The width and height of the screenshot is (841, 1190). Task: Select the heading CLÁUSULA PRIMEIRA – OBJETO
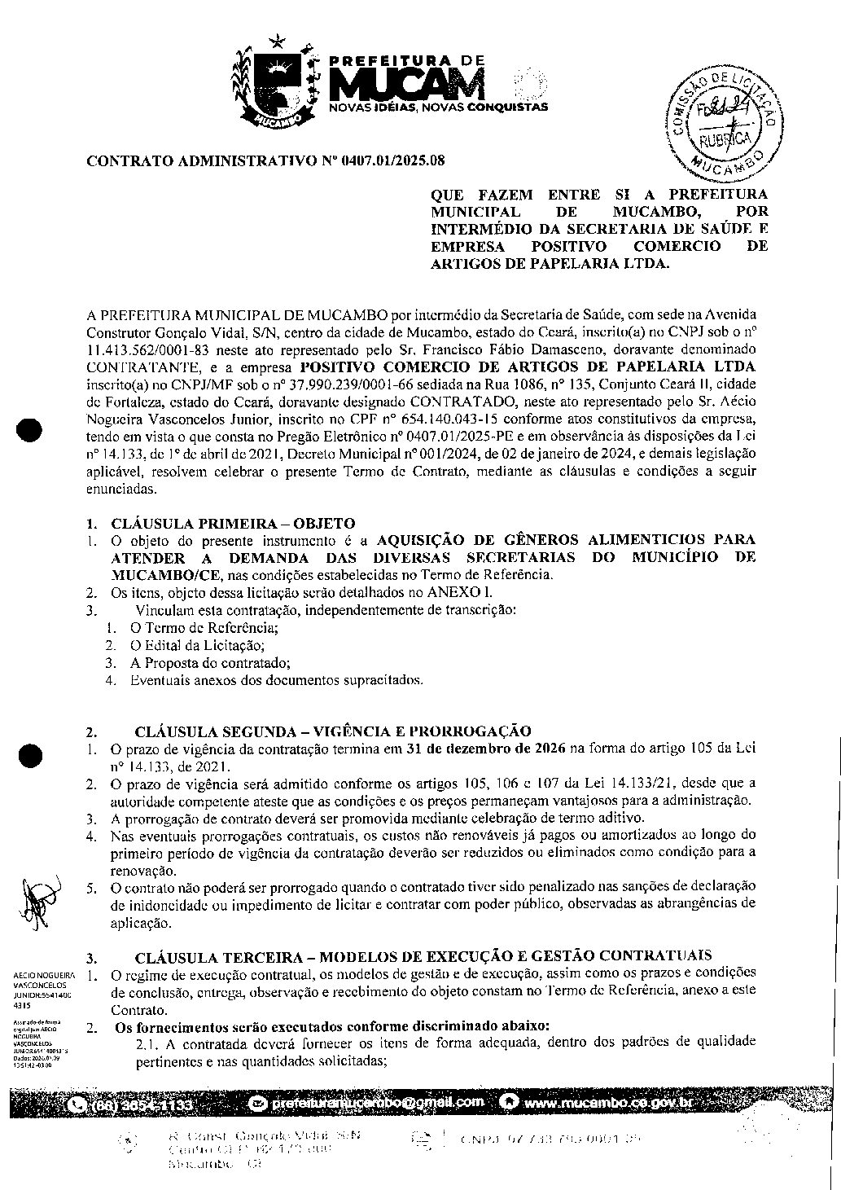(x=233, y=523)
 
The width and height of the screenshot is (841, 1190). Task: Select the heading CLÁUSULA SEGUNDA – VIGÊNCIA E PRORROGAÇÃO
(x=333, y=731)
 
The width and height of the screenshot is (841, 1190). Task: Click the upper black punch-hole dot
(x=30, y=429)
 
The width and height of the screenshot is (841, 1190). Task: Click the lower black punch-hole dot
(x=31, y=755)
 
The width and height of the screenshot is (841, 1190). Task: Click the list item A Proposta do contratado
(x=210, y=662)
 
